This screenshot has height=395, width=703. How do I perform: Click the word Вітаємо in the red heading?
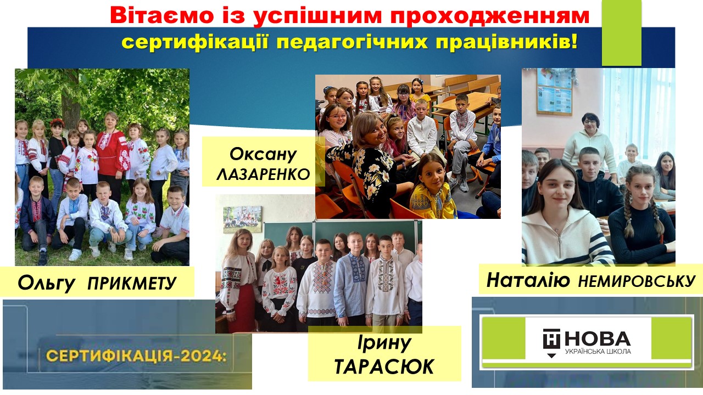(161, 16)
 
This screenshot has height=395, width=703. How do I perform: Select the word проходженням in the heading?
(490, 16)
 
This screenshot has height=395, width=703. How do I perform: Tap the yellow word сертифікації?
(195, 43)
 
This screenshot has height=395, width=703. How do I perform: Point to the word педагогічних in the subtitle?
(352, 43)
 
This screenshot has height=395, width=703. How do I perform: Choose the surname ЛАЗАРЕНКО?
(263, 174)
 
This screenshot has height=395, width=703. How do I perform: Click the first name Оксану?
(263, 154)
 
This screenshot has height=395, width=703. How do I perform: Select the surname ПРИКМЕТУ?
(132, 283)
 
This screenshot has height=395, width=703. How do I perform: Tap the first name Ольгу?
(47, 284)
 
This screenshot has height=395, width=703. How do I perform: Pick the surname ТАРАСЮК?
(384, 366)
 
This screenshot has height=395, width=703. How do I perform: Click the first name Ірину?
(384, 343)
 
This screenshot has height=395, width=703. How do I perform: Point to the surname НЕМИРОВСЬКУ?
(637, 281)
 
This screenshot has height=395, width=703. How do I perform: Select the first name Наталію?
(528, 280)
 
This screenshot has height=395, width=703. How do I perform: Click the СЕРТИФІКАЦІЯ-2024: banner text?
(137, 356)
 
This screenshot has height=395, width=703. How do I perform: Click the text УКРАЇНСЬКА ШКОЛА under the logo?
(598, 351)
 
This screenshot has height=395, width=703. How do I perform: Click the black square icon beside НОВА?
(551, 339)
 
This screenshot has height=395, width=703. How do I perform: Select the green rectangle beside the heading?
(621, 32)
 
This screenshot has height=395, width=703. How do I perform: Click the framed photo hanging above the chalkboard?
(242, 219)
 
